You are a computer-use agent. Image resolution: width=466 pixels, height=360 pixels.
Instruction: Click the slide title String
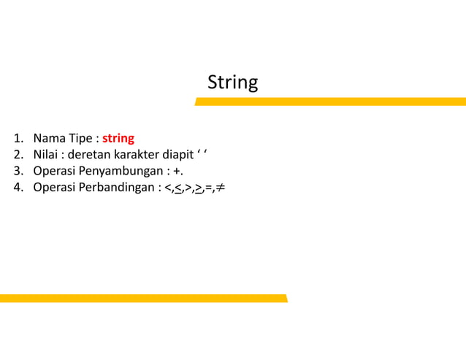coord(232,83)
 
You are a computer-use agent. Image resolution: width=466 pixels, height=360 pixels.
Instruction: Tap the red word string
coord(118,138)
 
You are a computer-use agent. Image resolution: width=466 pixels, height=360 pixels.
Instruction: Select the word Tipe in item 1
coord(80,138)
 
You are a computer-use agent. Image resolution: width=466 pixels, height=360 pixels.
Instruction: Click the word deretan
coord(89,155)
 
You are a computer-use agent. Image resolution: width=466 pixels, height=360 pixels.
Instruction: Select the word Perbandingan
coord(120,188)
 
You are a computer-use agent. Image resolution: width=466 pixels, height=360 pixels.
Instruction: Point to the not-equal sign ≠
coord(220,188)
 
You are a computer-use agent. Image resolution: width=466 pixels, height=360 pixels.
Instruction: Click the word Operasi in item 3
coord(56,172)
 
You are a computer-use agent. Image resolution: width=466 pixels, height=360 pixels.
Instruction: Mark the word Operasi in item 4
coord(56,188)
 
